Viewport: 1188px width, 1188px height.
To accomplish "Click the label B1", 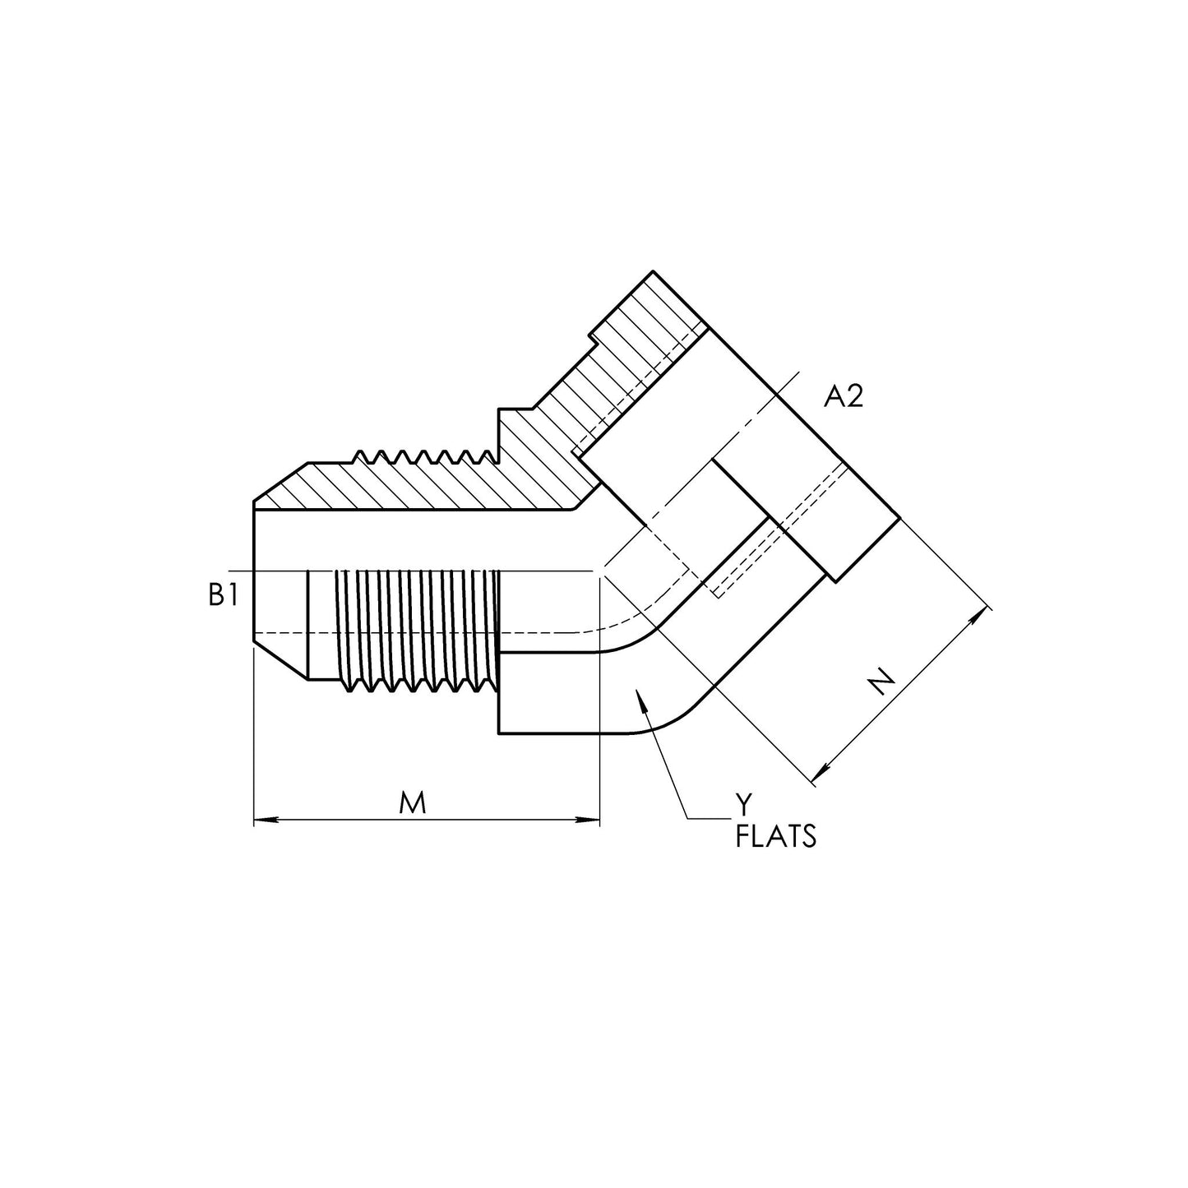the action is pyautogui.click(x=223, y=595).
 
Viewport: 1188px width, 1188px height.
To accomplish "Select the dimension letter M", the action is pyautogui.click(x=413, y=803).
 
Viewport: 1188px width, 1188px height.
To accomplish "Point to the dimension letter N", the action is pyautogui.click(x=881, y=683).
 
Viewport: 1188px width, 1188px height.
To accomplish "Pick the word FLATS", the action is pyautogui.click(x=776, y=837).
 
